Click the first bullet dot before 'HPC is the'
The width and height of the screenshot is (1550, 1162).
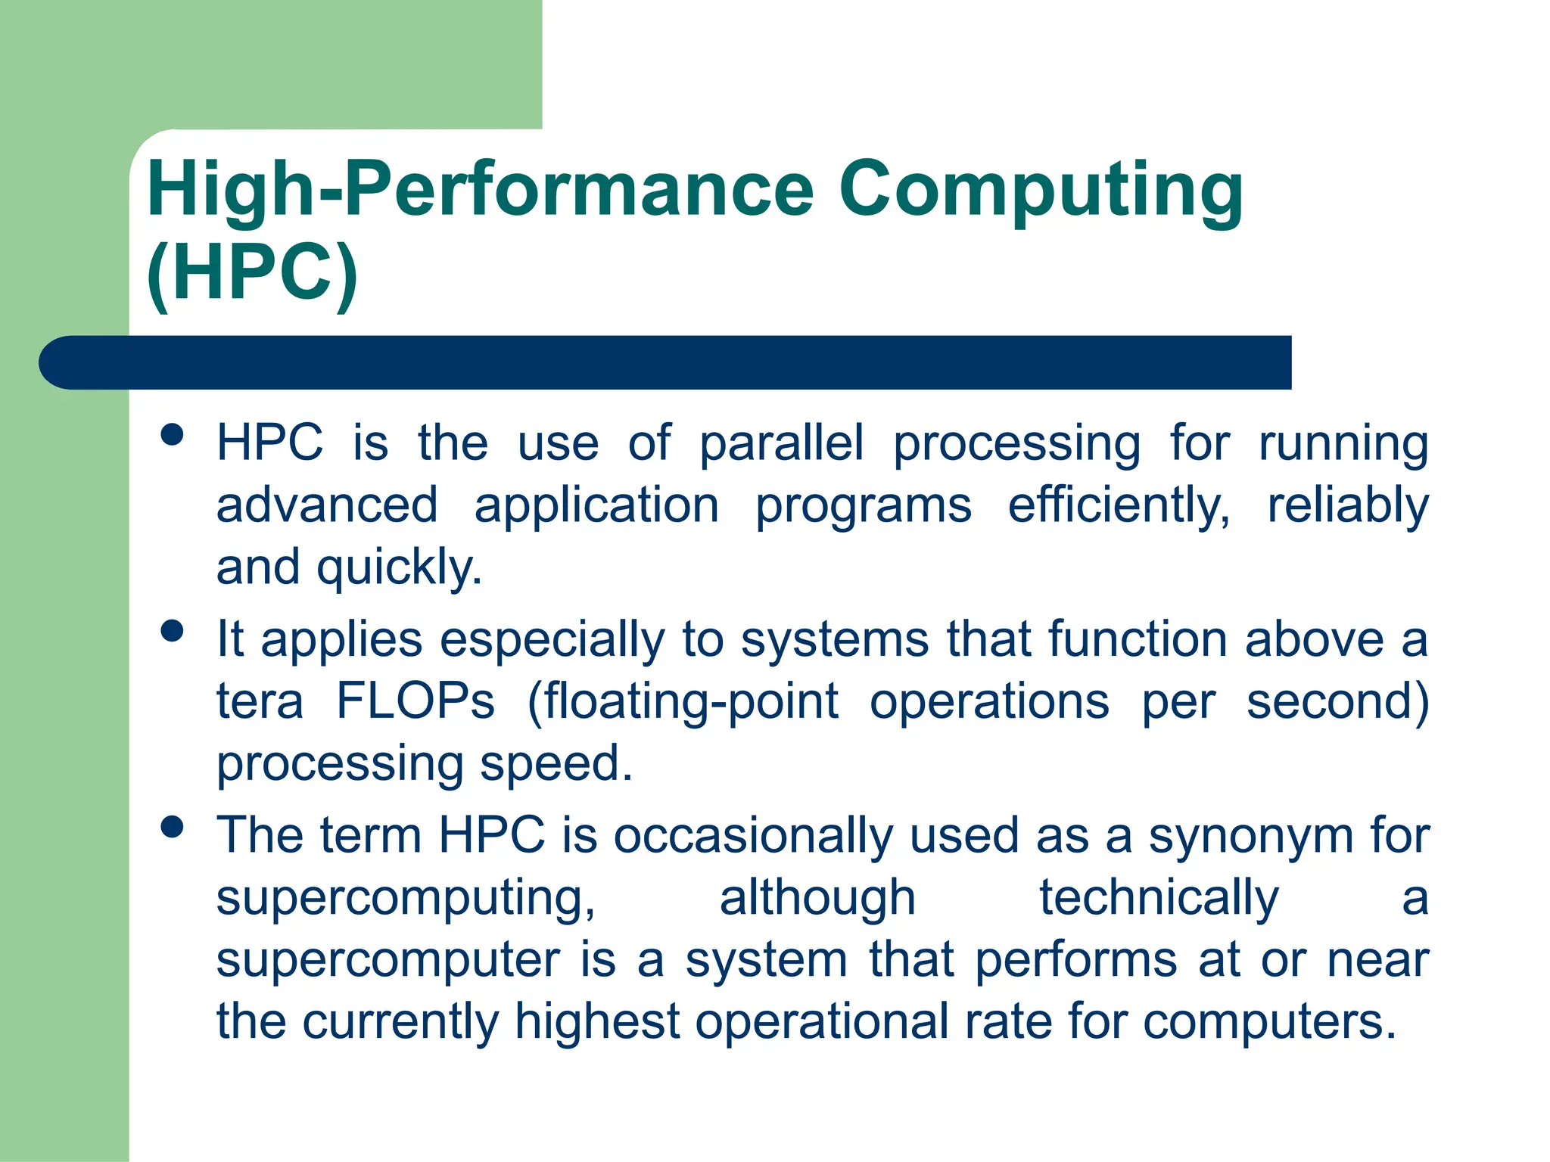173,435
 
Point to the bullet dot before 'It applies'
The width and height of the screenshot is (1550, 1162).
173,631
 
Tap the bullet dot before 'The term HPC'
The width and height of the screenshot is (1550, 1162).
173,827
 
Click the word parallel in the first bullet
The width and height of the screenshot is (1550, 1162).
781,443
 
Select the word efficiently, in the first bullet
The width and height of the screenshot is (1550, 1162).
1119,505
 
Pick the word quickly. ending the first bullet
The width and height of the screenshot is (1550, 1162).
399,567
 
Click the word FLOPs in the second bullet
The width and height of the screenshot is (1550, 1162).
416,701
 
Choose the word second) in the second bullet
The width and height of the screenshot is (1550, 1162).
1337,701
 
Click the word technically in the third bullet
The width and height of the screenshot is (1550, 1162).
1159,899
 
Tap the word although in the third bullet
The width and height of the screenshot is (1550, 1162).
817,899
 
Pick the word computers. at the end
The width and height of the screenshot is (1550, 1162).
1269,1022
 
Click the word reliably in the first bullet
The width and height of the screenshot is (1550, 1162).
1348,505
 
